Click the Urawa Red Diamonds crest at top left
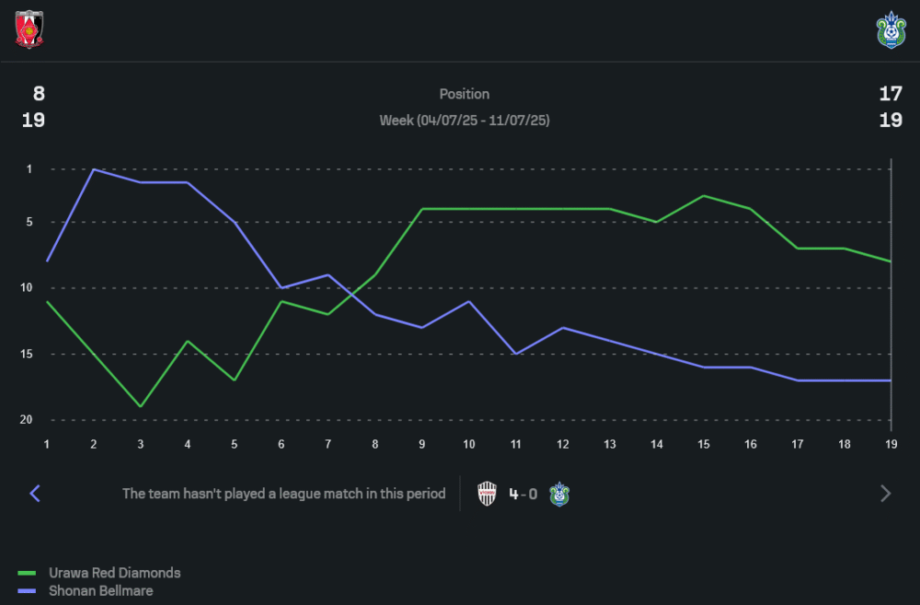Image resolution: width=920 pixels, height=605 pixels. pos(29,29)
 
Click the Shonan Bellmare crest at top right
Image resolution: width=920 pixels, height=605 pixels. pos(891,29)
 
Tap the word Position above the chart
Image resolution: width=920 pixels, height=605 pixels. pos(464,94)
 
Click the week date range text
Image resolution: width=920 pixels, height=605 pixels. pos(464,121)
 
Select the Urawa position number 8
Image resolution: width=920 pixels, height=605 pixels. pos(39,93)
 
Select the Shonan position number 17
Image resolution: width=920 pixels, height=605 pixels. pos(890,93)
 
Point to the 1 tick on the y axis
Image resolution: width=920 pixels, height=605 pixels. pos(29,169)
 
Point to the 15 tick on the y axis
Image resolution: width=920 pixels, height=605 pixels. pos(27,355)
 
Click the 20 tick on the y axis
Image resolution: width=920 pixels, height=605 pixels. pos(27,420)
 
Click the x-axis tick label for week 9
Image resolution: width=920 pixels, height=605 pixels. pos(422,444)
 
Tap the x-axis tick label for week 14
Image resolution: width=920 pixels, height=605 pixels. pos(656,444)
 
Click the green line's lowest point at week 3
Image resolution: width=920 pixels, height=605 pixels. pos(141,406)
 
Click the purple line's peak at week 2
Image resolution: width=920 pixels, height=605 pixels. pos(94,169)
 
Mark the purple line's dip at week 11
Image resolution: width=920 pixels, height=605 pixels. pos(516,354)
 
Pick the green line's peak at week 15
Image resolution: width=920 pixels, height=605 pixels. pos(704,196)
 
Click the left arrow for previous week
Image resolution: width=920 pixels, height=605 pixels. pos(35,494)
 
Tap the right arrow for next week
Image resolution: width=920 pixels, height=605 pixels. pos(885,494)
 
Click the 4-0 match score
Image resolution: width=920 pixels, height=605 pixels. pos(523,494)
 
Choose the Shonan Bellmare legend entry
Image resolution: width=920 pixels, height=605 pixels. pos(101,591)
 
